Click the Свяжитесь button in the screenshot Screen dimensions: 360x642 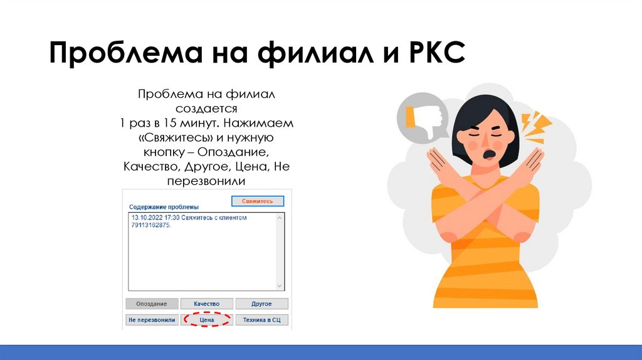(x=258, y=201)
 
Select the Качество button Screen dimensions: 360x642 (x=207, y=304)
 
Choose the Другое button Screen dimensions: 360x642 (x=261, y=304)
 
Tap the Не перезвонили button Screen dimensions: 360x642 (x=151, y=320)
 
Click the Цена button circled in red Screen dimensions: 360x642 (x=207, y=320)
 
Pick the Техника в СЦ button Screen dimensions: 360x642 (x=261, y=320)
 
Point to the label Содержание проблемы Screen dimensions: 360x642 (x=164, y=207)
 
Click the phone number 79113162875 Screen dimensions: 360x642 (x=150, y=225)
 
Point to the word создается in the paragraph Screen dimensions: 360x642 (x=207, y=107)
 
